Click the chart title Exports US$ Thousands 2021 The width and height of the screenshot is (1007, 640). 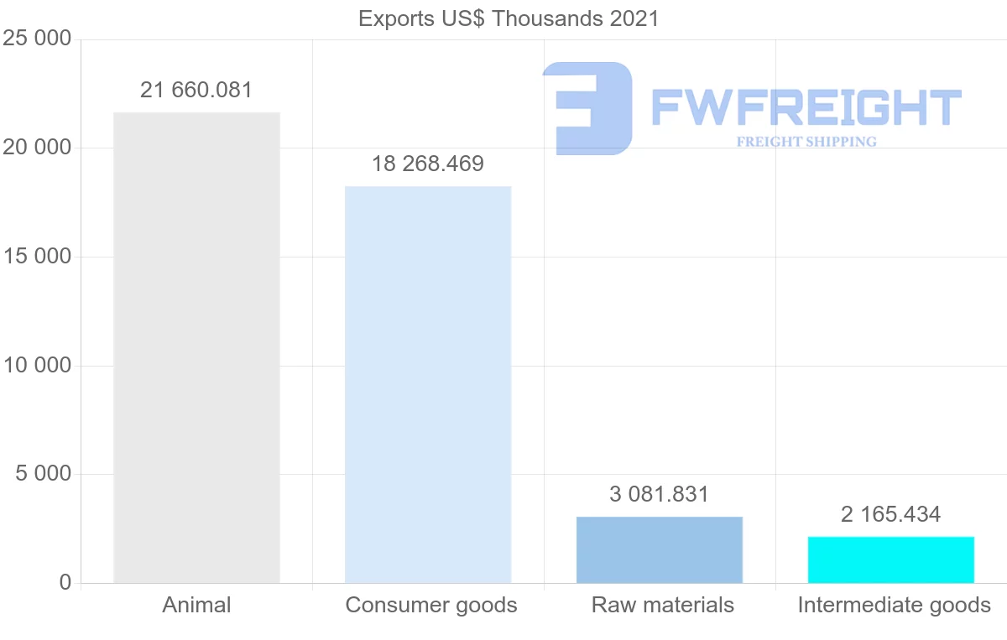click(x=509, y=18)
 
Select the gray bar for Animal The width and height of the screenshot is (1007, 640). click(x=196, y=347)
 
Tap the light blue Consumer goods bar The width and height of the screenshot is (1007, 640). click(x=428, y=384)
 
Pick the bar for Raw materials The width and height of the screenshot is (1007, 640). click(x=660, y=549)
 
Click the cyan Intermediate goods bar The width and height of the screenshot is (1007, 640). click(x=891, y=559)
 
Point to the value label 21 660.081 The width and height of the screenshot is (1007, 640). click(x=196, y=90)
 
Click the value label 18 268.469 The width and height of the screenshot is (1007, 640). click(x=428, y=164)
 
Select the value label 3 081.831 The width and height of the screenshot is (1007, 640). click(x=660, y=494)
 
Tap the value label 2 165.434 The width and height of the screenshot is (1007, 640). click(x=891, y=514)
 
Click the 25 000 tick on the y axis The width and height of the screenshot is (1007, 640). click(x=37, y=39)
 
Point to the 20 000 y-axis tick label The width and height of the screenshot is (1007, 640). click(x=37, y=148)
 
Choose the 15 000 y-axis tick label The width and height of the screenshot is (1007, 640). click(x=37, y=257)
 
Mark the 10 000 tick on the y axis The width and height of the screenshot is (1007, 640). click(x=37, y=366)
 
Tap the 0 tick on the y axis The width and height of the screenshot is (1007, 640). click(x=65, y=583)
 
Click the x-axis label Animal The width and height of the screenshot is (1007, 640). click(x=196, y=605)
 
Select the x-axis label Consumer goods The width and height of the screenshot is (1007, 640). click(x=431, y=605)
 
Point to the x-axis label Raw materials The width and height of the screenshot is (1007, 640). click(x=663, y=605)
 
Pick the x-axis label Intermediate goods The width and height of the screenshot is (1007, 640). click(x=895, y=605)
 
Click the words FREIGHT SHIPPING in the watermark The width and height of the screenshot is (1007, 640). click(x=806, y=142)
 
